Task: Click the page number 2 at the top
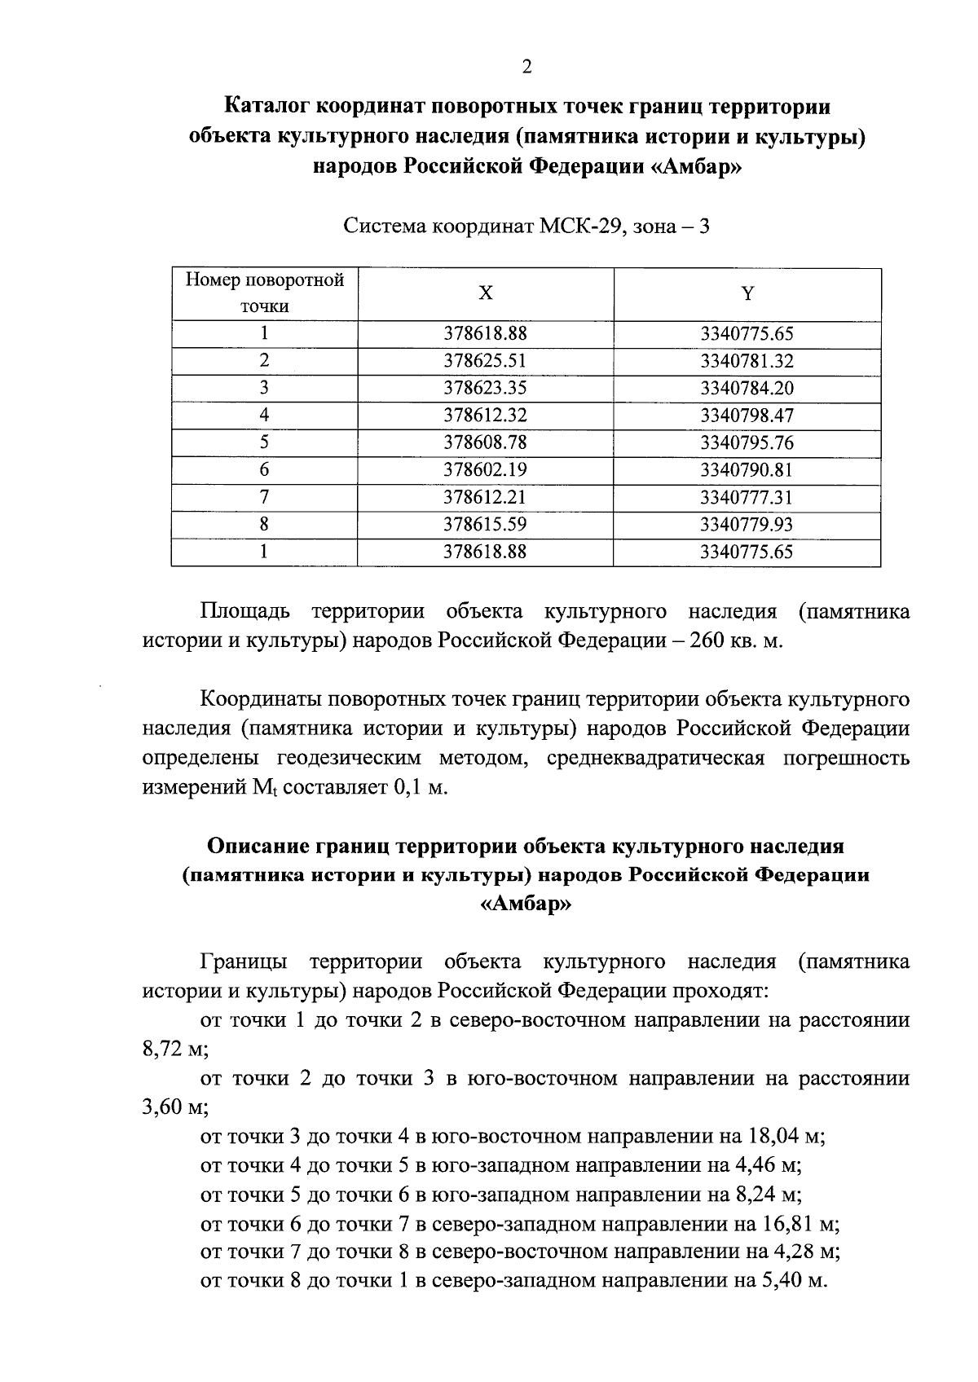(526, 68)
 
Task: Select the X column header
(485, 293)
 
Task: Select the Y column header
(747, 293)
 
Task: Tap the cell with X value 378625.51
(485, 361)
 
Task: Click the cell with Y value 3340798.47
(747, 416)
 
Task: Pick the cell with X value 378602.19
(485, 470)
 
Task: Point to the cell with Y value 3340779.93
(747, 525)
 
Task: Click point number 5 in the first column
(264, 442)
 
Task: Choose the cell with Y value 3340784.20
(747, 388)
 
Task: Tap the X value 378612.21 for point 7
(485, 497)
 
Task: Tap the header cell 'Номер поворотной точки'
(264, 293)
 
